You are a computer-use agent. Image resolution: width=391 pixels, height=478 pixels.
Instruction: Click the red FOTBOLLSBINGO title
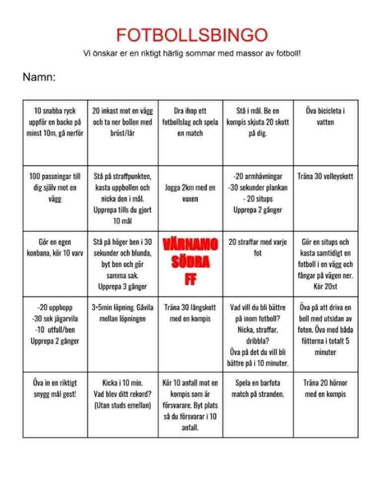[191, 35]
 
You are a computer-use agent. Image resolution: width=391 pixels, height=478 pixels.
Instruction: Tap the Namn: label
[39, 77]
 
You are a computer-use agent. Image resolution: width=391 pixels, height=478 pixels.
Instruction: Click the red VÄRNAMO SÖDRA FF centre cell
[190, 262]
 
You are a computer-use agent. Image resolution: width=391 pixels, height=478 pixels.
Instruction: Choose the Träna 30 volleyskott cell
[325, 176]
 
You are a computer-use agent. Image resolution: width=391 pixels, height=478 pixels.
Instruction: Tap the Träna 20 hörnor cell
[325, 388]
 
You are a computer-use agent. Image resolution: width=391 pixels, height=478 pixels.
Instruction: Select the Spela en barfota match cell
[257, 388]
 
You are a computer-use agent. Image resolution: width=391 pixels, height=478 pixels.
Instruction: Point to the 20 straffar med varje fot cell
[257, 247]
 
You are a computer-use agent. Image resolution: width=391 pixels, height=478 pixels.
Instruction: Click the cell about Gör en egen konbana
[55, 247]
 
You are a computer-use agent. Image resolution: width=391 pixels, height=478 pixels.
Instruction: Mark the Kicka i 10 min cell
[122, 394]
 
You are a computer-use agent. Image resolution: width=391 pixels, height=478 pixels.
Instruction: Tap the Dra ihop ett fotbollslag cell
[190, 122]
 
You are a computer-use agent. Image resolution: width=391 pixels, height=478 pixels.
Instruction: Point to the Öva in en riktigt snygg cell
[55, 388]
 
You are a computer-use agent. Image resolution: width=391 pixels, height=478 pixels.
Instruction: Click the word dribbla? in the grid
[257, 341]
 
